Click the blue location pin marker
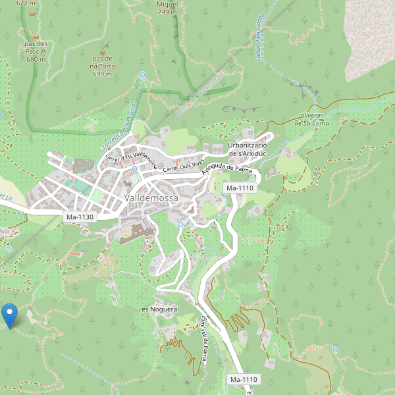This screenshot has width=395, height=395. (10, 315)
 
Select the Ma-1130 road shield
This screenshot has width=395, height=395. (80, 217)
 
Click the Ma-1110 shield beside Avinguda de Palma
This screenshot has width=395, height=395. (240, 188)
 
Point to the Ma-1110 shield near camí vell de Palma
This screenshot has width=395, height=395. (243, 380)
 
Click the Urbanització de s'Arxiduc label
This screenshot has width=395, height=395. (246, 149)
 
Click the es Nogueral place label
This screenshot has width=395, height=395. (160, 309)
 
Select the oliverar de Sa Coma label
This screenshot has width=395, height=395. (311, 118)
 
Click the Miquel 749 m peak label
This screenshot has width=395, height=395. (167, 8)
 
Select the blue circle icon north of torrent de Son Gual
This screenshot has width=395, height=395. (143, 75)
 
